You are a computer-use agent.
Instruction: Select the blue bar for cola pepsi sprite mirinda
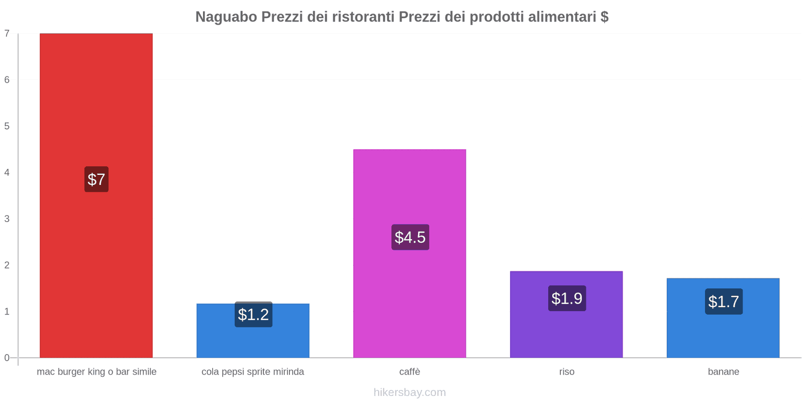(253, 342)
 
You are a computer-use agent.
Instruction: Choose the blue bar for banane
(723, 337)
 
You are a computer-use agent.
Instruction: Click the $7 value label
(96, 179)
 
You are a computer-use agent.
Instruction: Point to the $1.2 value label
(253, 315)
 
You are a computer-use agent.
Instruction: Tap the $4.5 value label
(410, 237)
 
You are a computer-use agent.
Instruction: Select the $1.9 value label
(567, 298)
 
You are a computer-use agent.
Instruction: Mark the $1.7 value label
(724, 301)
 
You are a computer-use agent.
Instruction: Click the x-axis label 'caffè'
(410, 372)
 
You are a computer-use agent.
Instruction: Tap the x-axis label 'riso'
(567, 372)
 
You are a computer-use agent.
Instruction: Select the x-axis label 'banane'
(724, 372)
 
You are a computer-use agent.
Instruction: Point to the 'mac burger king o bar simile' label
(96, 372)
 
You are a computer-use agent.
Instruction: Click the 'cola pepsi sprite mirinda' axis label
(253, 372)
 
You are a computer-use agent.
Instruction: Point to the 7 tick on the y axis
(7, 34)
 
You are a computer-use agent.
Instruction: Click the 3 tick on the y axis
(7, 219)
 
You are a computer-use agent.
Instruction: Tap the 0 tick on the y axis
(7, 358)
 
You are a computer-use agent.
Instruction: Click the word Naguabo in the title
(226, 17)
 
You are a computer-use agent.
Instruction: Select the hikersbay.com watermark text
(410, 392)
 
